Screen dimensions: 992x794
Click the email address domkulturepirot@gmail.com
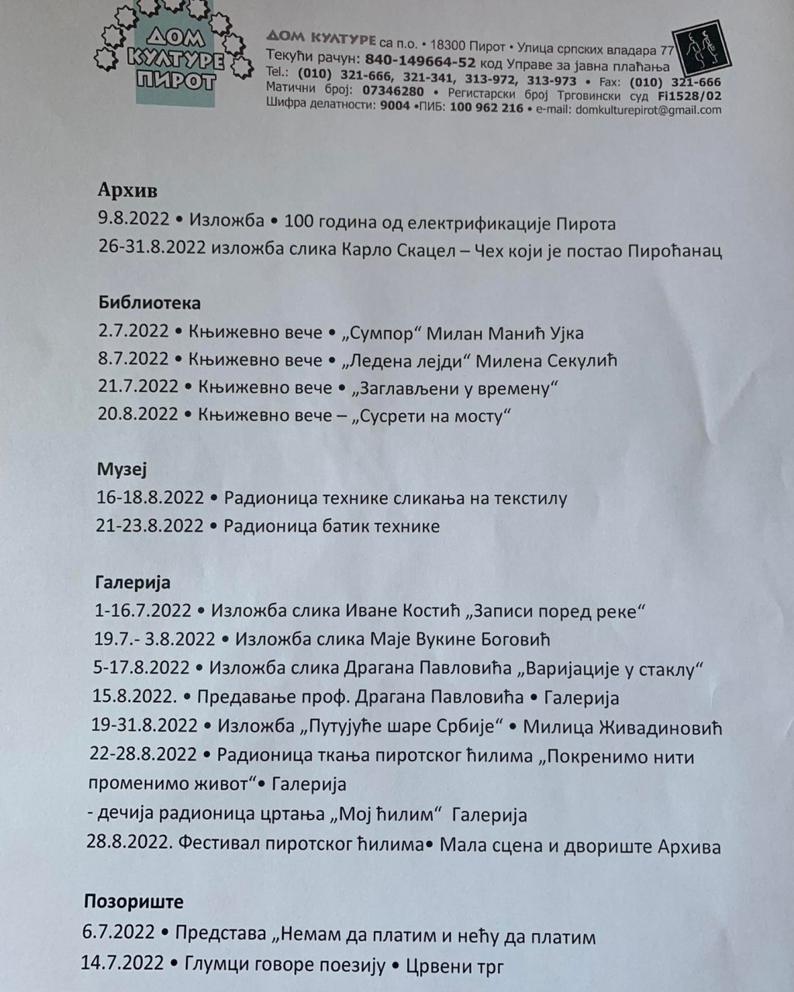pyautogui.click(x=648, y=110)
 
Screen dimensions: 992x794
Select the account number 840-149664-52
pyautogui.click(x=420, y=61)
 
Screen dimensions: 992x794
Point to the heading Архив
pyautogui.click(x=128, y=191)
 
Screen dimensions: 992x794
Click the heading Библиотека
pyautogui.click(x=150, y=302)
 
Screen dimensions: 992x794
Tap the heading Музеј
pyautogui.click(x=122, y=469)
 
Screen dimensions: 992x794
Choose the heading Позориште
pyautogui.click(x=133, y=901)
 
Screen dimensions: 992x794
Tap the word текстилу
pyautogui.click(x=526, y=498)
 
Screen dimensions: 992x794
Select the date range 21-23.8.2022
pyautogui.click(x=150, y=526)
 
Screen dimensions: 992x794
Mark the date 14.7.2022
pyautogui.click(x=123, y=963)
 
